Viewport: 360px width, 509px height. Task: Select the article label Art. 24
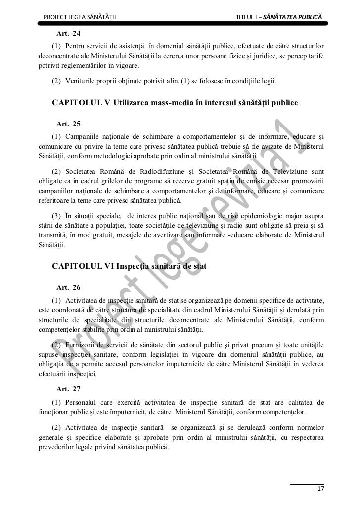coord(69,34)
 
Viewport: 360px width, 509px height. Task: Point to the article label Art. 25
coord(69,123)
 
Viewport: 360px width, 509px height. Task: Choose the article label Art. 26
coord(69,287)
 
